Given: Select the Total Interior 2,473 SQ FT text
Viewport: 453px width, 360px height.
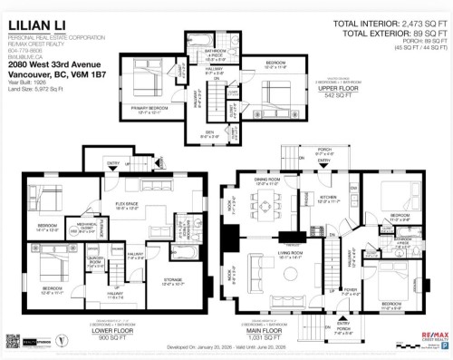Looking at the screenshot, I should click(391, 23).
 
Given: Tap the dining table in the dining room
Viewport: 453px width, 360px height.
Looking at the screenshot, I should click(269, 206).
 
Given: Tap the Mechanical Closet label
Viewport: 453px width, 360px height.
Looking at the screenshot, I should click(88, 229).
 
